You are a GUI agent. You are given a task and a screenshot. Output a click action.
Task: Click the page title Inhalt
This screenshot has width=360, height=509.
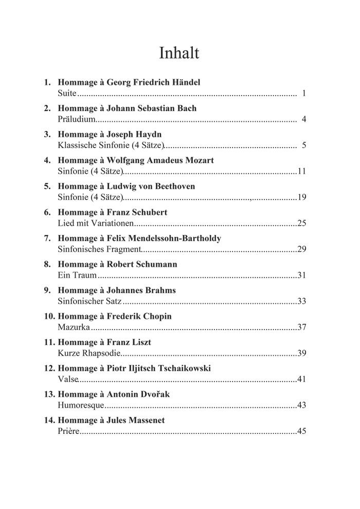coord(179,53)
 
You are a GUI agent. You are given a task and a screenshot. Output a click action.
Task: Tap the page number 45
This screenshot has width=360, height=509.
coord(302,431)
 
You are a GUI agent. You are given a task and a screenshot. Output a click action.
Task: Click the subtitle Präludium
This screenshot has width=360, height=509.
coord(77,120)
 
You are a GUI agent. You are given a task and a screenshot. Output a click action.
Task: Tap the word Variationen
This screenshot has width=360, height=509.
coord(112,224)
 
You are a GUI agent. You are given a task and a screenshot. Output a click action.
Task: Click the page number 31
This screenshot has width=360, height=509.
coord(302,276)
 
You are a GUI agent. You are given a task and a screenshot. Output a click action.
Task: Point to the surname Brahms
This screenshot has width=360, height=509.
coord(160,290)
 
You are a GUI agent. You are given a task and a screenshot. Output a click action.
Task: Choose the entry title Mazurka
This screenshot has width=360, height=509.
coord(74,328)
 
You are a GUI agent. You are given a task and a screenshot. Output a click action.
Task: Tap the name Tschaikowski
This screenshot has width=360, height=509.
coord(178,368)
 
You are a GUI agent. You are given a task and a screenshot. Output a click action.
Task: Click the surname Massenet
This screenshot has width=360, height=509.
coord(147,420)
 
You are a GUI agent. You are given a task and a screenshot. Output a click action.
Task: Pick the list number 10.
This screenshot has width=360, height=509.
coord(48,316)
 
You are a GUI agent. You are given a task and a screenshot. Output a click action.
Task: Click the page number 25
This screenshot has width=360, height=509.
coord(302,224)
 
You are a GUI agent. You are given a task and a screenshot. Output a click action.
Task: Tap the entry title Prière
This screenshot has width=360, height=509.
coord(68,431)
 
